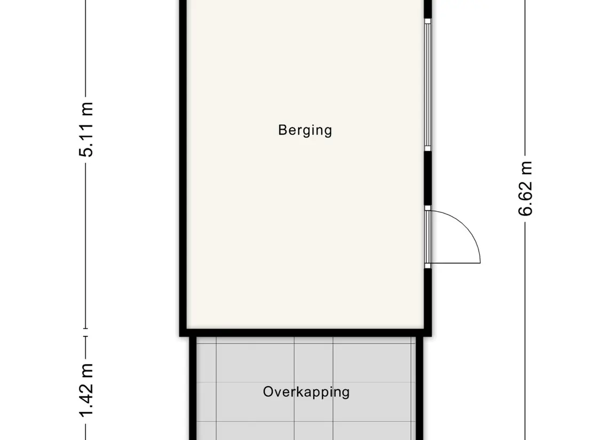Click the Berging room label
coord(305,131)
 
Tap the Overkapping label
coord(306,392)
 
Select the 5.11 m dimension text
coord(86,130)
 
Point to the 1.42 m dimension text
coord(86,390)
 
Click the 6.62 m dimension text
coord(525,188)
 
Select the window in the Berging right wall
coord(427,84)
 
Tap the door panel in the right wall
coord(427,237)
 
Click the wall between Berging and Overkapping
coord(305,332)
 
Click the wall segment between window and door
coord(427,178)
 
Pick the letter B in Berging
coord(282,130)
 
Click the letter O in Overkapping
coord(268,391)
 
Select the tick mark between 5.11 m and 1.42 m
coord(86,332)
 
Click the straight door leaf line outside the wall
coord(456,263)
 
